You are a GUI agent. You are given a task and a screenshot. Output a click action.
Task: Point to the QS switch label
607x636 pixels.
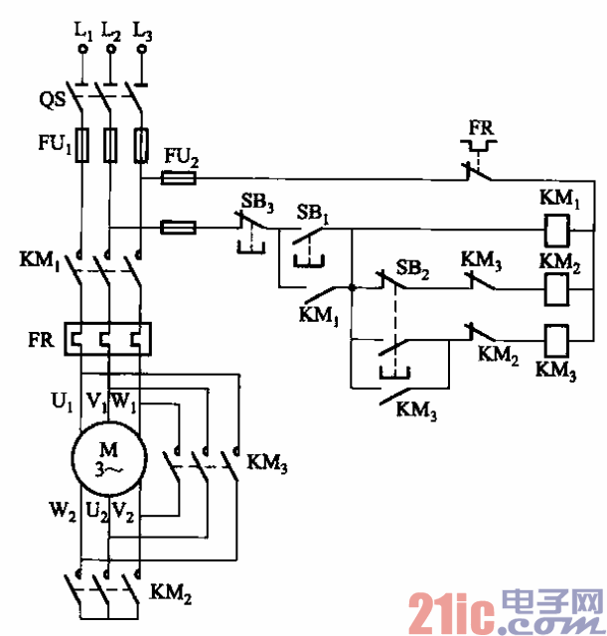(52, 99)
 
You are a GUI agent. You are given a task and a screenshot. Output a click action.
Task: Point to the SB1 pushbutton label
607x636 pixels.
(315, 213)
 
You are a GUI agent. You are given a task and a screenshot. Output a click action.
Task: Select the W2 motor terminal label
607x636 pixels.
(62, 515)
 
